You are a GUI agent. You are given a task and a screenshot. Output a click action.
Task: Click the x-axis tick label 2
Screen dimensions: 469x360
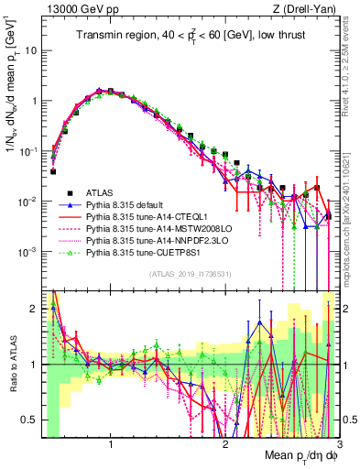(225, 447)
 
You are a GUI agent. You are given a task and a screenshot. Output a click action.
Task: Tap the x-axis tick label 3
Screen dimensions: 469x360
(338, 447)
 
